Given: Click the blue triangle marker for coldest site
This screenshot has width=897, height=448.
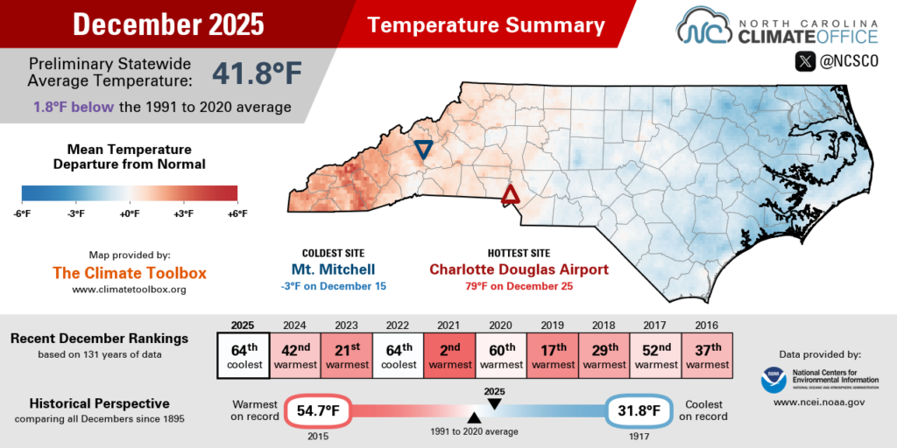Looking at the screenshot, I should (423, 150).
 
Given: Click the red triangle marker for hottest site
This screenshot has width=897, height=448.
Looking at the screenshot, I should (510, 194).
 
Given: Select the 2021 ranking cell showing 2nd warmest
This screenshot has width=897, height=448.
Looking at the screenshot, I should (451, 355).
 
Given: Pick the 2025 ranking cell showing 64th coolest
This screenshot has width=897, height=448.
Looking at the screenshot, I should (243, 355).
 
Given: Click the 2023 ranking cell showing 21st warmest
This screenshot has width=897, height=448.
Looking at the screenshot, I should (347, 355).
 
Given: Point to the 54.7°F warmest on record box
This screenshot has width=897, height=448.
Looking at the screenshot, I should (315, 410).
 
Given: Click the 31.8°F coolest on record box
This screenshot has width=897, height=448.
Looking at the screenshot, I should (641, 410).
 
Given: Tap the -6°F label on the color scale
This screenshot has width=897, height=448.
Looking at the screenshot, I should (22, 213).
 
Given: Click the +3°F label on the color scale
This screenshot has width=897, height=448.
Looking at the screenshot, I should (183, 213).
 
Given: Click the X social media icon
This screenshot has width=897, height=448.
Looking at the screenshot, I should (804, 62).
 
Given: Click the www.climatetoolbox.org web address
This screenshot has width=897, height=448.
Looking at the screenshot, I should (129, 289).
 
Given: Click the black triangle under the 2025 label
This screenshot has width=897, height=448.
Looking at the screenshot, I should (494, 403).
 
